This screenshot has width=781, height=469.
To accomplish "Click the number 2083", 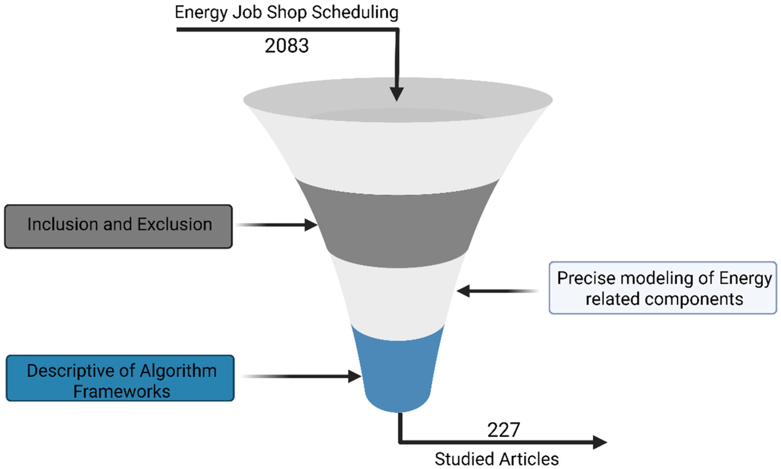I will (286, 45).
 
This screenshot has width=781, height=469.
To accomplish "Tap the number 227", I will (504, 430).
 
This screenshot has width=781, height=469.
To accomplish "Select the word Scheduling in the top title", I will (355, 13).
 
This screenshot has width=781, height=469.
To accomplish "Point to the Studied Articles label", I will (496, 459).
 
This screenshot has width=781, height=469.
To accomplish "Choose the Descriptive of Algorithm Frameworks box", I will (120, 378).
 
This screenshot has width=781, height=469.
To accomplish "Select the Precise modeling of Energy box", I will (663, 288).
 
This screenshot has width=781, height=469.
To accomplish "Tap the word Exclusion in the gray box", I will (174, 224).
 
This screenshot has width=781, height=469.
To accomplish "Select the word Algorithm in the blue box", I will (178, 371).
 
